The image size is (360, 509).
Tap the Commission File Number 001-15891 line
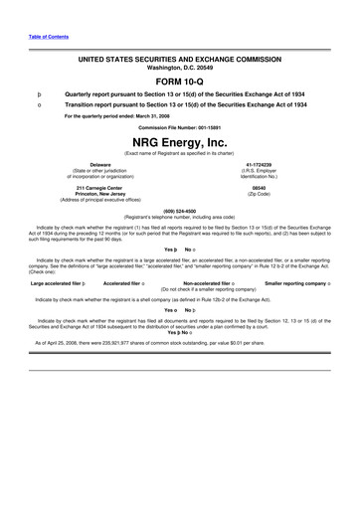tap(179, 127)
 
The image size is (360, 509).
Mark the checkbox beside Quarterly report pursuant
tap(39, 92)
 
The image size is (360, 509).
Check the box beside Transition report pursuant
tap(39, 103)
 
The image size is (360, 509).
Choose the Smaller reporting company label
tap(294, 283)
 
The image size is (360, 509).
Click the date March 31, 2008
tap(148, 115)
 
